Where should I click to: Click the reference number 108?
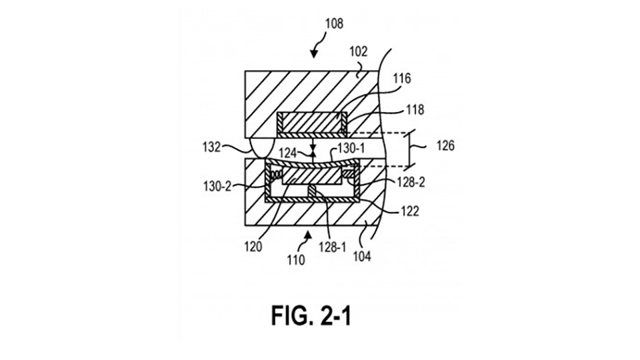coord(334,24)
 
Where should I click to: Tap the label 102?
coord(359,52)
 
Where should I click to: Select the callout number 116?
coord(402,79)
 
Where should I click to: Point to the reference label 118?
coord(415,110)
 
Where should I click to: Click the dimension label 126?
coord(445,146)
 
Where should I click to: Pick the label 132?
coord(211,147)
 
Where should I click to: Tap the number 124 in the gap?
coord(287,153)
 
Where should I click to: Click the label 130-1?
coord(351,149)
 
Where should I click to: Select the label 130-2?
coord(217,187)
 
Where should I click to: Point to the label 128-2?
coord(411,183)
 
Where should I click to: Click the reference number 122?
coord(409,211)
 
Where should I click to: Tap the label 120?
coord(253,247)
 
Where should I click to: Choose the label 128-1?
coord(332,247)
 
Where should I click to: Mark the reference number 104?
coord(361,256)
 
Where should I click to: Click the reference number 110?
coord(296,259)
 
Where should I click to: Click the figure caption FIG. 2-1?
coord(311,315)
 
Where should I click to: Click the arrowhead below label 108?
coord(313,54)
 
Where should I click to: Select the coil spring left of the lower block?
coord(277,175)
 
